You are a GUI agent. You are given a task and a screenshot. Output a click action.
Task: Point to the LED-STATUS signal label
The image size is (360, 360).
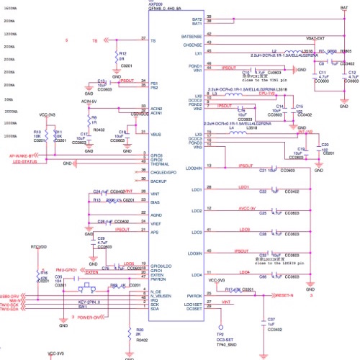[24, 161]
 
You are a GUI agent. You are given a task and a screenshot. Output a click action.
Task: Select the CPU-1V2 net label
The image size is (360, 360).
[268, 93]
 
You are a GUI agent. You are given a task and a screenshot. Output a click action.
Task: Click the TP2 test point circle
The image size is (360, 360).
[220, 325]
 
